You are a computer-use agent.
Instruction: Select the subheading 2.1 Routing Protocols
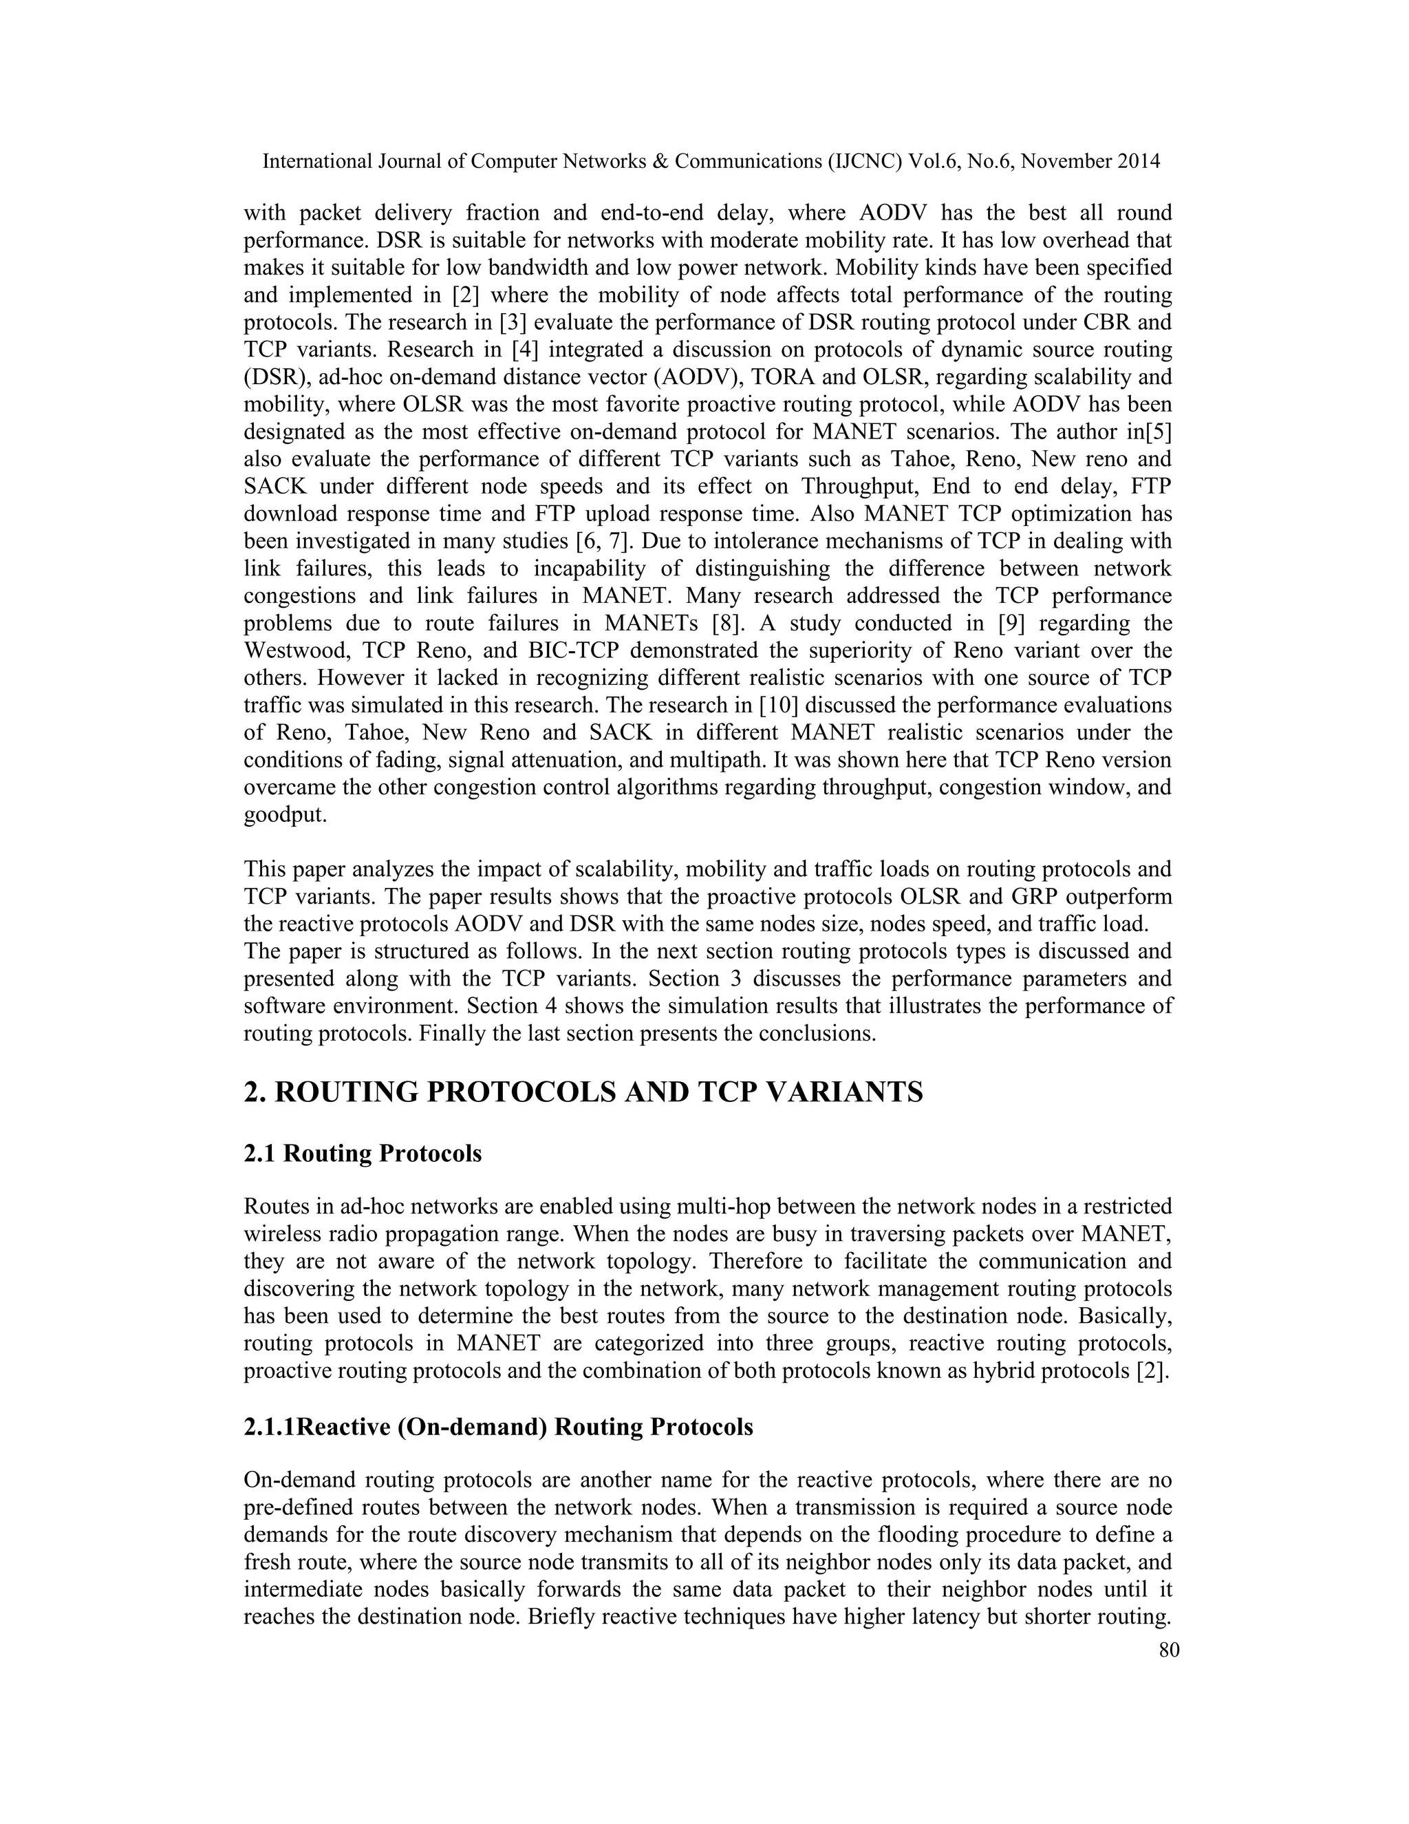(x=363, y=1154)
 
